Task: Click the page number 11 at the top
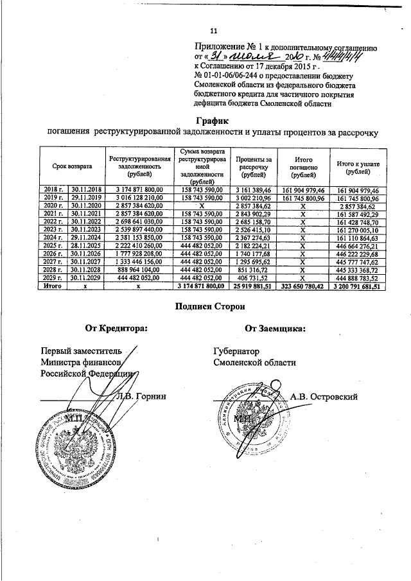(214, 30)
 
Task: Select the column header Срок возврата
(73, 166)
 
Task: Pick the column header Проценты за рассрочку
(253, 167)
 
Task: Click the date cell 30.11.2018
(85, 191)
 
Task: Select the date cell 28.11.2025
(85, 246)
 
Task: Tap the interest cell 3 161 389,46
(253, 191)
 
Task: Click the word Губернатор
(236, 352)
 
